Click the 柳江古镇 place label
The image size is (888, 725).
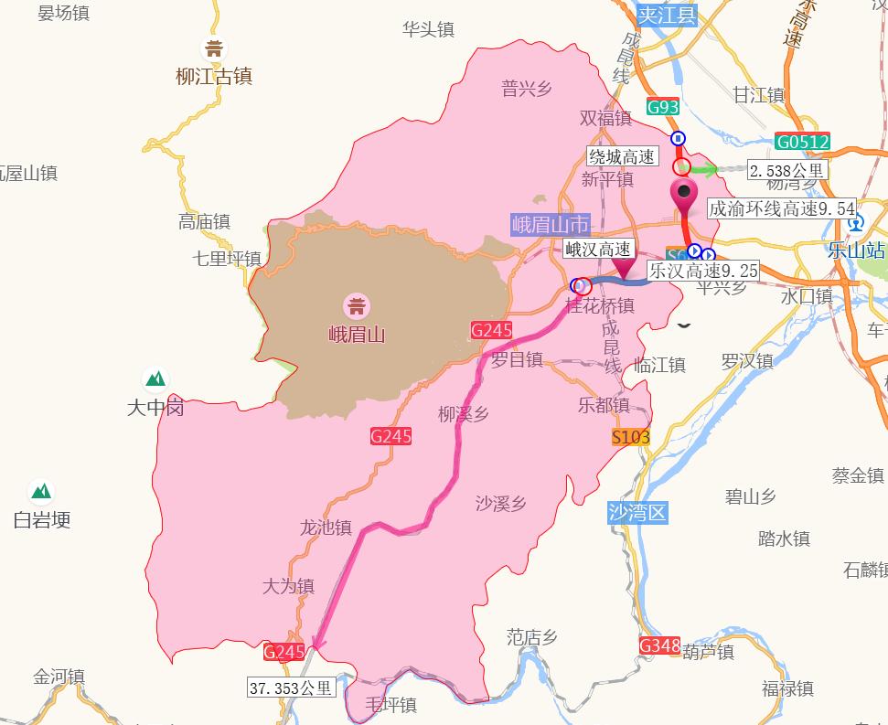tap(214, 77)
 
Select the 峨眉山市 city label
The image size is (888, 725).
tap(551, 225)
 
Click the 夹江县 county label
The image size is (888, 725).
tap(667, 15)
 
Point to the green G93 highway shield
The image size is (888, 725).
tap(662, 107)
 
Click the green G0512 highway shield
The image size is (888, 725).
tap(802, 142)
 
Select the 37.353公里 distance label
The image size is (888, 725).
tap(292, 688)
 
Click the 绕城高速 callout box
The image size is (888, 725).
tap(622, 156)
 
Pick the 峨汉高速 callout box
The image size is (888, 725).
tap(598, 249)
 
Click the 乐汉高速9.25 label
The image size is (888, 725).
tap(702, 271)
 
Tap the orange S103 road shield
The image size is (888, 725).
tap(631, 437)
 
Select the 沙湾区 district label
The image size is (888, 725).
tap(637, 512)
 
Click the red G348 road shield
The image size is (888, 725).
tap(659, 646)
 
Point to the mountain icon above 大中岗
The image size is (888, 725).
tap(155, 378)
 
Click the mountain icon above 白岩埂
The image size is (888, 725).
tap(41, 492)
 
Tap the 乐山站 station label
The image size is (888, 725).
tap(856, 250)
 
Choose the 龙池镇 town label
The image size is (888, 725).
tap(326, 528)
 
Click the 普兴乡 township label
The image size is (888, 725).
tap(527, 88)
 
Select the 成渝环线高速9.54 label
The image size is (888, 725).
tap(782, 209)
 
